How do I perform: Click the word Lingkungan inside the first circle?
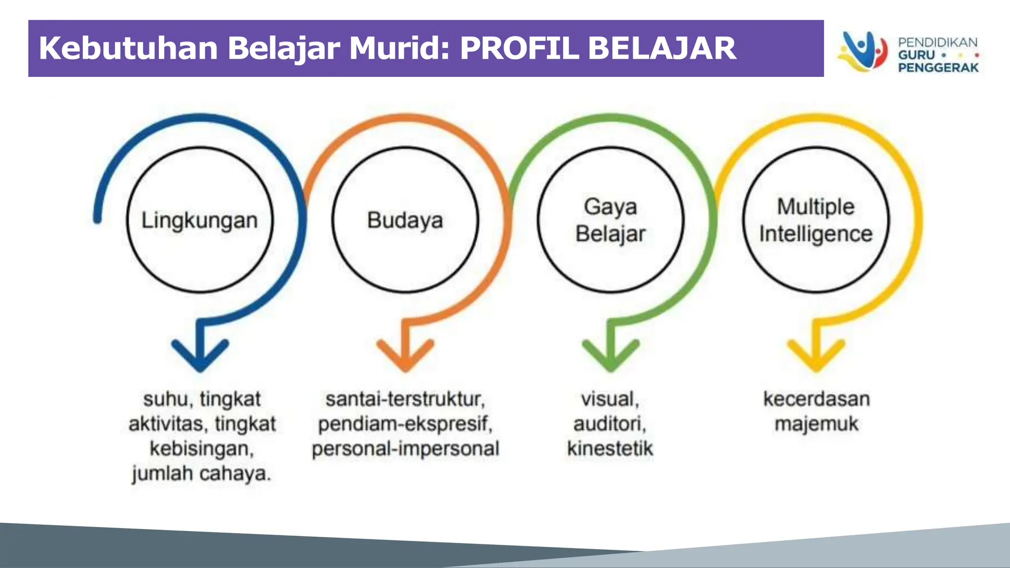click(x=200, y=220)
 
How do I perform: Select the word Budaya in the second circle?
click(x=405, y=220)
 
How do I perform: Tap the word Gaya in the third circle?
click(x=611, y=207)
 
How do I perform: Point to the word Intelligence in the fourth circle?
click(x=816, y=234)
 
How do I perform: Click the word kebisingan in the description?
click(x=201, y=449)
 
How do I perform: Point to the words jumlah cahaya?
click(x=201, y=474)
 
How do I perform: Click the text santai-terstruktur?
click(x=405, y=399)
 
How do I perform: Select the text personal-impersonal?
click(x=405, y=449)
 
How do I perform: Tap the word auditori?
click(x=610, y=424)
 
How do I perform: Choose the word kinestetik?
click(x=610, y=449)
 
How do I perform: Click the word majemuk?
click(x=816, y=424)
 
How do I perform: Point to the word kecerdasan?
click(x=816, y=399)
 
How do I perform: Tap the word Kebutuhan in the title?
click(x=128, y=48)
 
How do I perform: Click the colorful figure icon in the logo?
click(x=862, y=51)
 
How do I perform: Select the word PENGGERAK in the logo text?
click(x=938, y=68)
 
